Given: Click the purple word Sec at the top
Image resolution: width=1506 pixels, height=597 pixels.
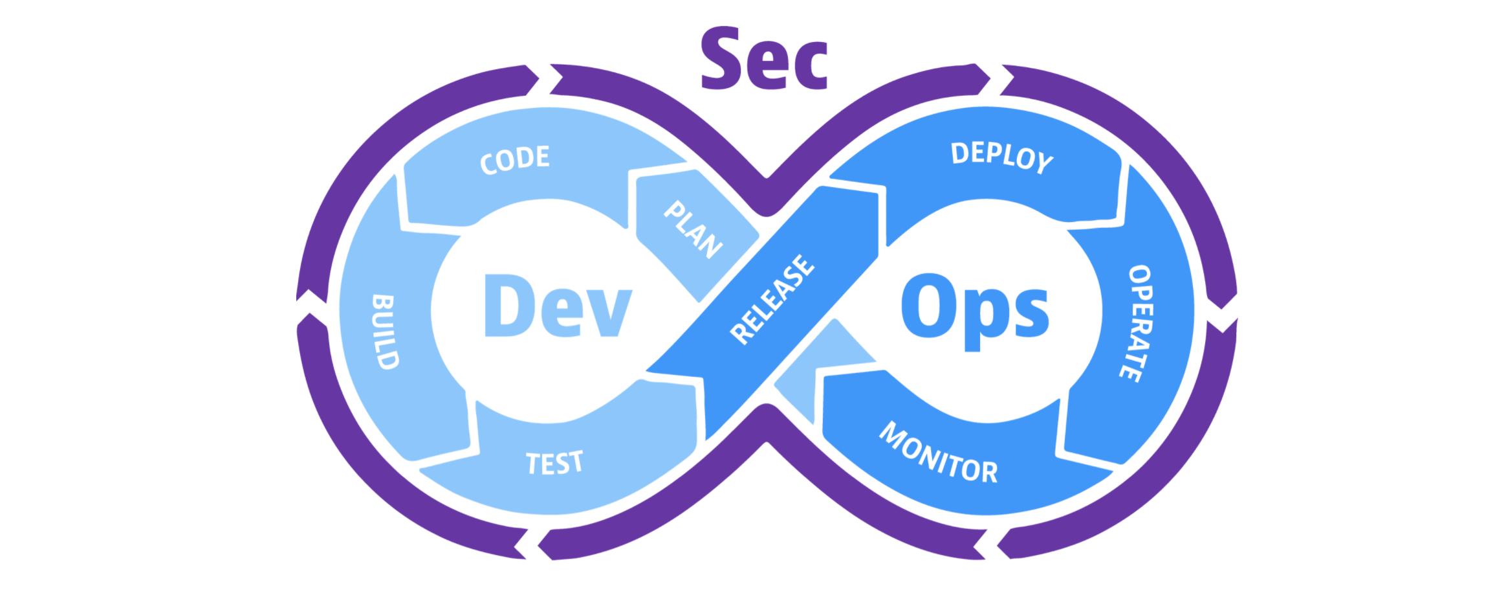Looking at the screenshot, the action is point(764,60).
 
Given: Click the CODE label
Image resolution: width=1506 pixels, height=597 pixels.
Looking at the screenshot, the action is point(515,159).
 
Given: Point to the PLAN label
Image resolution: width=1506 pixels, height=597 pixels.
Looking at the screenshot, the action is point(692,230).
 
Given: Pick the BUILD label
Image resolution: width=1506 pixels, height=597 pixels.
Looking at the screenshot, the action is point(384,332).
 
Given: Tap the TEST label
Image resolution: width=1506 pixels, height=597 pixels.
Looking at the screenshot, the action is point(554,462).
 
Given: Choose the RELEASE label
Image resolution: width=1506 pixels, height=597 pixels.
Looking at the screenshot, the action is point(771,299).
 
